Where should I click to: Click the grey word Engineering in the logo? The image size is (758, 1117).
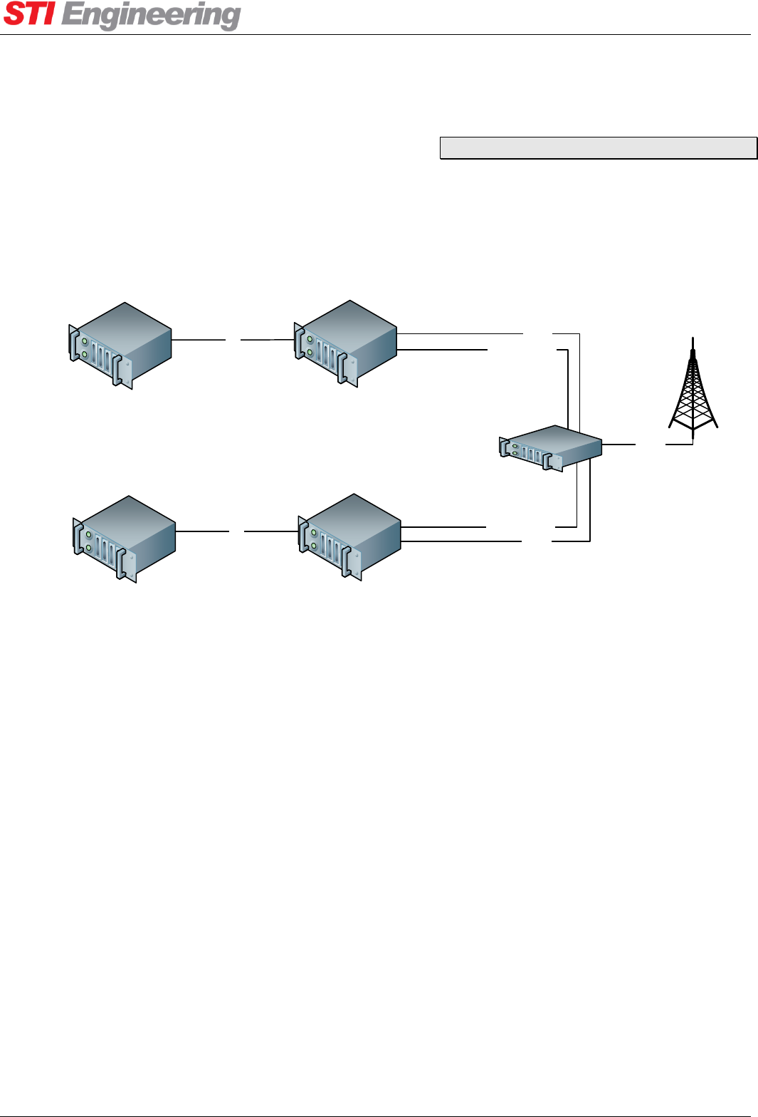(151, 15)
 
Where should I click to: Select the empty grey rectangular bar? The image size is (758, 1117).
(598, 147)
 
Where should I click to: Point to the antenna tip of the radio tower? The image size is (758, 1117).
(693, 341)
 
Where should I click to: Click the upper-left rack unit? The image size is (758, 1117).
(121, 345)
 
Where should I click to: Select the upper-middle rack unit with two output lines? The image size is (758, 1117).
(346, 343)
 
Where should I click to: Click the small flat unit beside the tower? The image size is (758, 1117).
(551, 448)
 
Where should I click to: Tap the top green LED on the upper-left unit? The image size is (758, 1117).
(85, 342)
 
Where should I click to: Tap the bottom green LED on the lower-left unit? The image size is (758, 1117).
(88, 547)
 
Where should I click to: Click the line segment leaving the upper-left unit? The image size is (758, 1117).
(199, 340)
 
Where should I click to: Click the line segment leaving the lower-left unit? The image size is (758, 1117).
(202, 531)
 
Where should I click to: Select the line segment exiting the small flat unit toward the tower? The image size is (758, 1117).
(618, 445)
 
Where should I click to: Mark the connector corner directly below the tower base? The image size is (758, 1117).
(693, 444)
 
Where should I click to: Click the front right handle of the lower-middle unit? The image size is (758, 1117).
(347, 563)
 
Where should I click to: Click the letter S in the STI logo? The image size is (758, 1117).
(15, 14)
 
